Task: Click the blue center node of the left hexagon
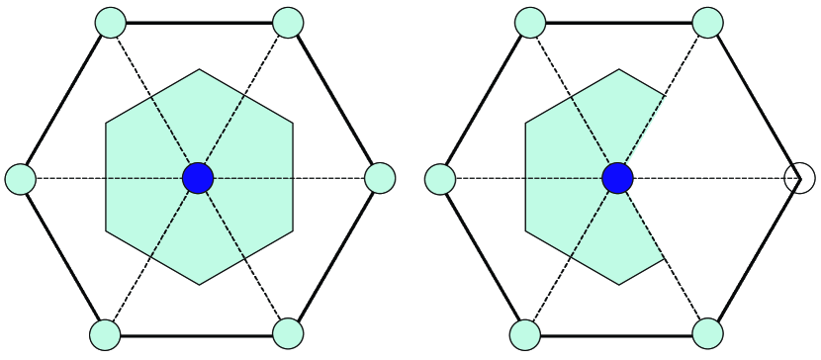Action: pos(199,178)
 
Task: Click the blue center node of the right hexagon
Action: pos(618,178)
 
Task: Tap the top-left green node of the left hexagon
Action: pos(111,22)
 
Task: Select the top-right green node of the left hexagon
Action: pos(287,22)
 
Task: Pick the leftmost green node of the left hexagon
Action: pos(21,179)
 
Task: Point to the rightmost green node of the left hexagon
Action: pos(380,178)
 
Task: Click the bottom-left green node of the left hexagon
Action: pos(105,334)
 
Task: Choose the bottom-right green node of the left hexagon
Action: pos(287,334)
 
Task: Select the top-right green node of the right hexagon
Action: pos(708,22)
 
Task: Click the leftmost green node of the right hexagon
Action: pos(440,179)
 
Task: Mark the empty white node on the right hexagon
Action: pos(799,179)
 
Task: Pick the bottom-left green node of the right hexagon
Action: pos(525,334)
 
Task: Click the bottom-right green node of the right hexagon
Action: pos(707,334)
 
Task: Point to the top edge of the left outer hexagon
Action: pos(199,22)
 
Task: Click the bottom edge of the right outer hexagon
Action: pos(616,335)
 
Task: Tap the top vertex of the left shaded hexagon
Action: pos(200,69)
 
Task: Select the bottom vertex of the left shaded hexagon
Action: pos(199,285)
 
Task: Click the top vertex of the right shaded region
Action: pos(620,69)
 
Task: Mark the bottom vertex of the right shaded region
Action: pos(619,285)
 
